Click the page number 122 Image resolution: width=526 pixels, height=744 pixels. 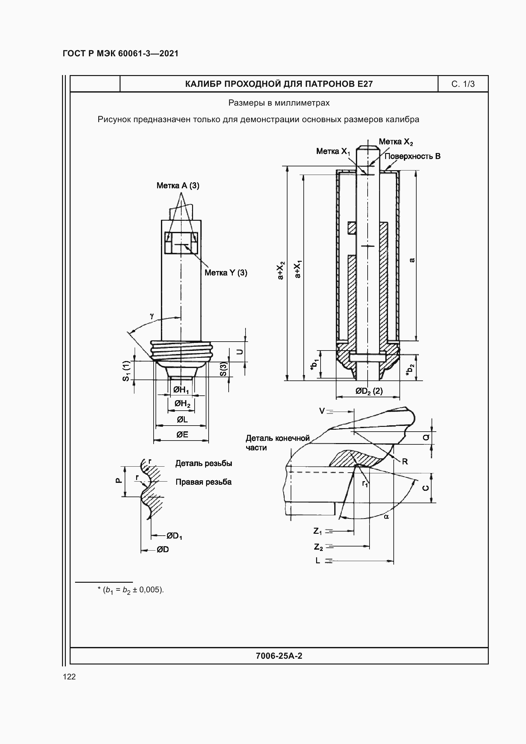69,677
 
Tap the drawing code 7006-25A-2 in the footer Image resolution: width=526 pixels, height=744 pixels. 279,656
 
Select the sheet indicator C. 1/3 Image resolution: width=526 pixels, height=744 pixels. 463,84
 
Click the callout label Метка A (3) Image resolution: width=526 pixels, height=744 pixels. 178,186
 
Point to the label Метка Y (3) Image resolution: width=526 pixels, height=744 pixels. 226,273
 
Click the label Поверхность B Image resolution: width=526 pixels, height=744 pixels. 412,156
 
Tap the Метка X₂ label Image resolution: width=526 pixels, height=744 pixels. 396,142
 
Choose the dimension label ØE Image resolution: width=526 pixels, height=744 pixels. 182,435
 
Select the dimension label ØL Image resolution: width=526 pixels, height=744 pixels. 182,420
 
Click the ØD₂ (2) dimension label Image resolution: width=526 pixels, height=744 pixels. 369,391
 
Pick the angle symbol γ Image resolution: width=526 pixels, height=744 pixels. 152,315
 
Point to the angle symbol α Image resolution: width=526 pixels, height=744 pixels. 386,517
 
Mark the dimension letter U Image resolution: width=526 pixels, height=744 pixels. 240,351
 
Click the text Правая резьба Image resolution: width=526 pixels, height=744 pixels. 204,482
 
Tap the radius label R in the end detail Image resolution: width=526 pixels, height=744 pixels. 405,462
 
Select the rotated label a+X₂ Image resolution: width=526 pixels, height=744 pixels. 280,270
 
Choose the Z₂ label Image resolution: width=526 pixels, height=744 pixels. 318,547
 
